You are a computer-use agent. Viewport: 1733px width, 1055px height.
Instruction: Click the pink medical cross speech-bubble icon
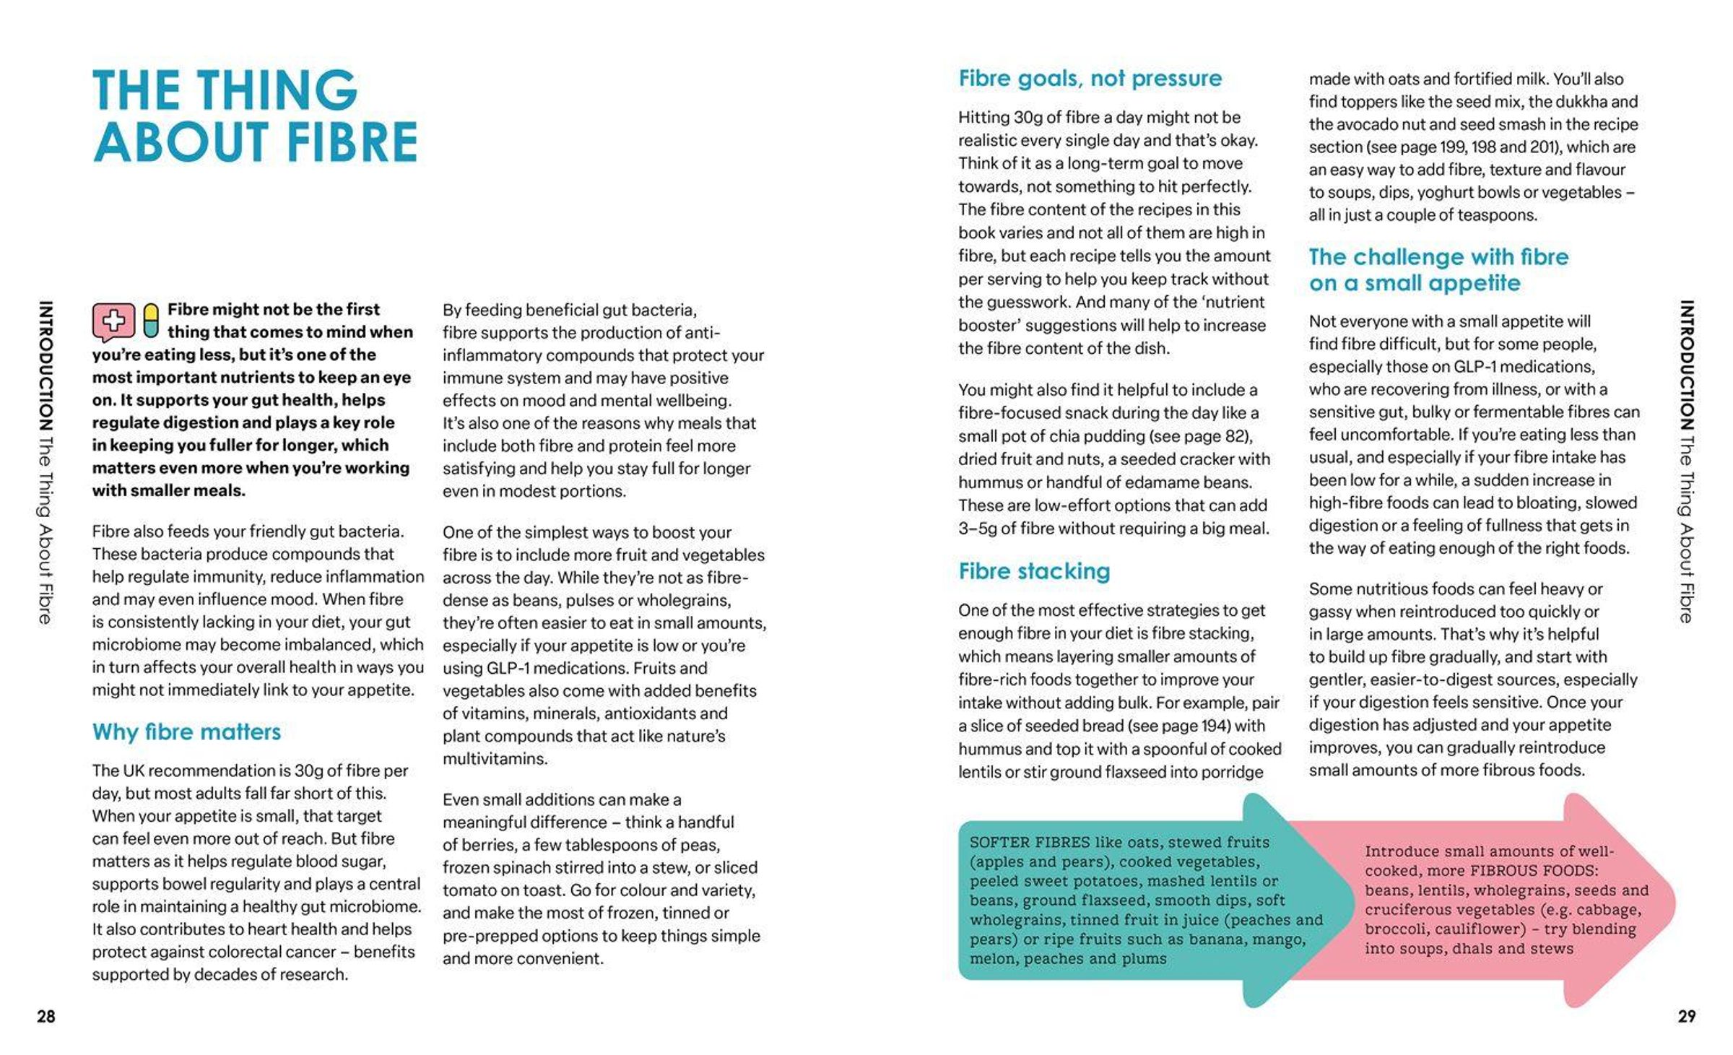tap(113, 322)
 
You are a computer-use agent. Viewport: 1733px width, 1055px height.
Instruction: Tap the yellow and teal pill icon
tap(150, 321)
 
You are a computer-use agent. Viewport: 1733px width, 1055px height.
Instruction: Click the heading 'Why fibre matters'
tap(186, 731)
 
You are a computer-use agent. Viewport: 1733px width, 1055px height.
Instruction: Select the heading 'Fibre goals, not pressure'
tap(1090, 78)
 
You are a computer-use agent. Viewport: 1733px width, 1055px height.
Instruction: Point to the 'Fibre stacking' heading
tap(1034, 571)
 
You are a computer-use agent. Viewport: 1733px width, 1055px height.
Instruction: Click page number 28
tap(46, 1017)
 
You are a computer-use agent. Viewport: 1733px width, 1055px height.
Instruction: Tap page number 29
tap(1686, 1017)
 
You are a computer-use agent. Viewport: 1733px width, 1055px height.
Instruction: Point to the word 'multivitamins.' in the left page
tap(495, 759)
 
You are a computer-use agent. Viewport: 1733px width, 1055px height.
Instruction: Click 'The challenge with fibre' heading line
tap(1438, 257)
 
